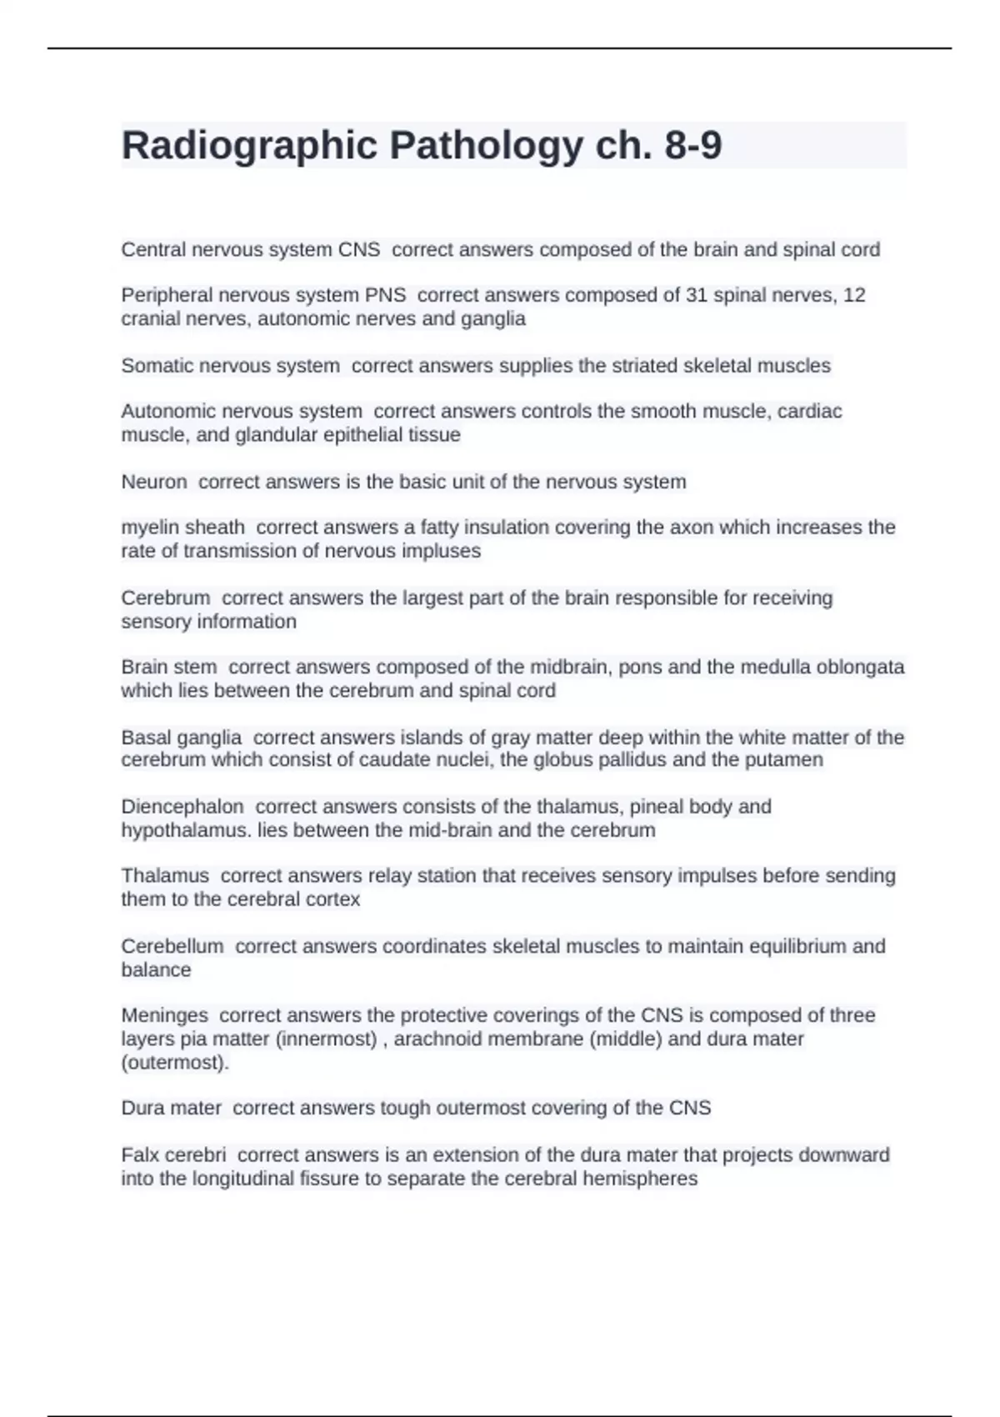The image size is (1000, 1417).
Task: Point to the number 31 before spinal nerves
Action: click(697, 295)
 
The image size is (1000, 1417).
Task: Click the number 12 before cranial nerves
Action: click(854, 295)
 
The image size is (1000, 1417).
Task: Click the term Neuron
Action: click(154, 482)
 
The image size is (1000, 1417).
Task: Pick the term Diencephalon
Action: click(182, 807)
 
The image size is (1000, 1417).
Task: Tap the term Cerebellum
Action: click(172, 947)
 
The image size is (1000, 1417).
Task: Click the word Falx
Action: click(139, 1155)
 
